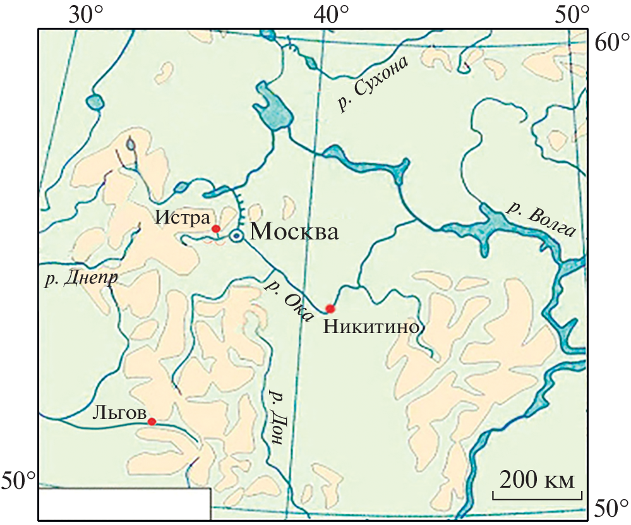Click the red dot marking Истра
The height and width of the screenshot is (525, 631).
[215, 228]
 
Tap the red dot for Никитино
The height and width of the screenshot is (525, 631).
[330, 308]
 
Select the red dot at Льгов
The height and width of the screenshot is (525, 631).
[152, 421]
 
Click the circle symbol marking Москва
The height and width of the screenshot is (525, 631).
[236, 236]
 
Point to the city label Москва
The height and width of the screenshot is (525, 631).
[294, 232]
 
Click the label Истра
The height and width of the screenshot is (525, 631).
[181, 218]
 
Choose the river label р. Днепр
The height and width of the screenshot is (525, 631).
[81, 279]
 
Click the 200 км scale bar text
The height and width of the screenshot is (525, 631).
[538, 480]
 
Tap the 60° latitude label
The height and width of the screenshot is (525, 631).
[610, 44]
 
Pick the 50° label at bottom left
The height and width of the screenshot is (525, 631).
[20, 481]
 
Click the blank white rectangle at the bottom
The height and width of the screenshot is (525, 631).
[124, 504]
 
